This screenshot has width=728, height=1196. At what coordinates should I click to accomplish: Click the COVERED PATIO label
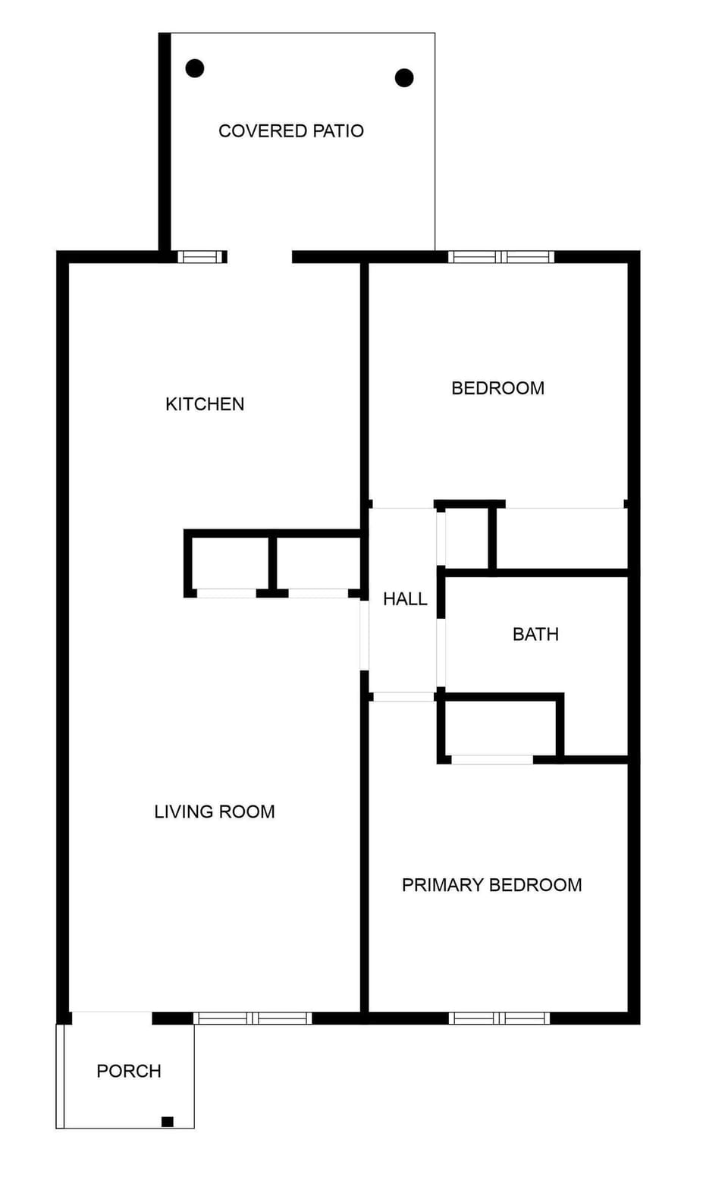tap(291, 131)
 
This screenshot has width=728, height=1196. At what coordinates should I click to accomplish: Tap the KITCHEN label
tap(205, 404)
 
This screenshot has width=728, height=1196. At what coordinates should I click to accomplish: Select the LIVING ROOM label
tap(215, 812)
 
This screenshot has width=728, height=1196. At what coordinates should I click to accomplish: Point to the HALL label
tap(405, 599)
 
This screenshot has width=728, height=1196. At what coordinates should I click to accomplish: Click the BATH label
tap(535, 634)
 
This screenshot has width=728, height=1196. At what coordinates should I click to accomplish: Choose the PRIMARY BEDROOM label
tap(491, 885)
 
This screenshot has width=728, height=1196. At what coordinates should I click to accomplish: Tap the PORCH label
tap(129, 1071)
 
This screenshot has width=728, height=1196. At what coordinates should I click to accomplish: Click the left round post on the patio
tap(195, 68)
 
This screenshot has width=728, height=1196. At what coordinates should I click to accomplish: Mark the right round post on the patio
tap(404, 77)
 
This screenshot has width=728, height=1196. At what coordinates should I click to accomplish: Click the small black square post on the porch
tap(168, 1122)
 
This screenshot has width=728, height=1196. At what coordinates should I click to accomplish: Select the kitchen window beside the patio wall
tap(201, 257)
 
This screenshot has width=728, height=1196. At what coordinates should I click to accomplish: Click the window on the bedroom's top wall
tap(500, 257)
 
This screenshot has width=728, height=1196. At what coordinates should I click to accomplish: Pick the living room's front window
tap(253, 1018)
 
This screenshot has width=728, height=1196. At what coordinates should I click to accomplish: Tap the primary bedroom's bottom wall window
tap(498, 1018)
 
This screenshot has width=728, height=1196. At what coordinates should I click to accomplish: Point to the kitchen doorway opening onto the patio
tap(259, 257)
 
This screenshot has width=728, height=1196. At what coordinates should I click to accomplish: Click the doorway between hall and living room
tap(365, 634)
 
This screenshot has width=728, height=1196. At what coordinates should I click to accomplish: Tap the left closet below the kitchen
tap(227, 563)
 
